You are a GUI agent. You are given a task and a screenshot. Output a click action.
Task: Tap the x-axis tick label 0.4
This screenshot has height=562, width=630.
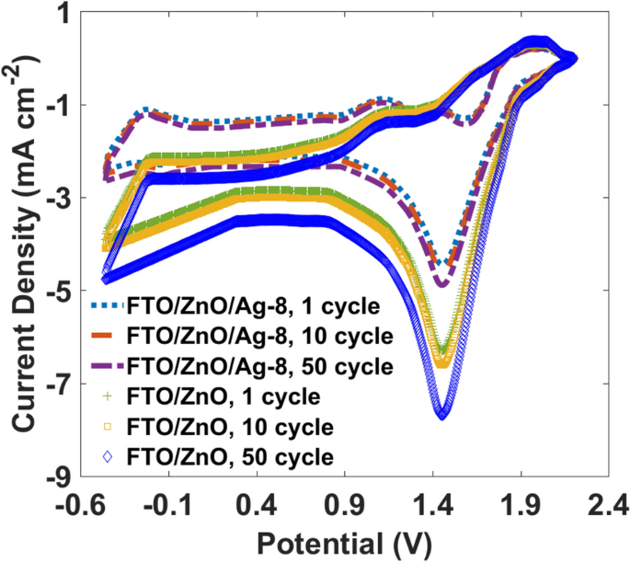258,505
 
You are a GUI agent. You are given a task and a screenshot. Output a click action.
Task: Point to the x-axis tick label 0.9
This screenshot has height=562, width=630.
346,505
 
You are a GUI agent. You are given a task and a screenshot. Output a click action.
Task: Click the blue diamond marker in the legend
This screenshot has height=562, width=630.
109,456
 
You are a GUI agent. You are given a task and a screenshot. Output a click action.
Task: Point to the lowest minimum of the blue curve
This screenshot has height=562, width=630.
442,415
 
